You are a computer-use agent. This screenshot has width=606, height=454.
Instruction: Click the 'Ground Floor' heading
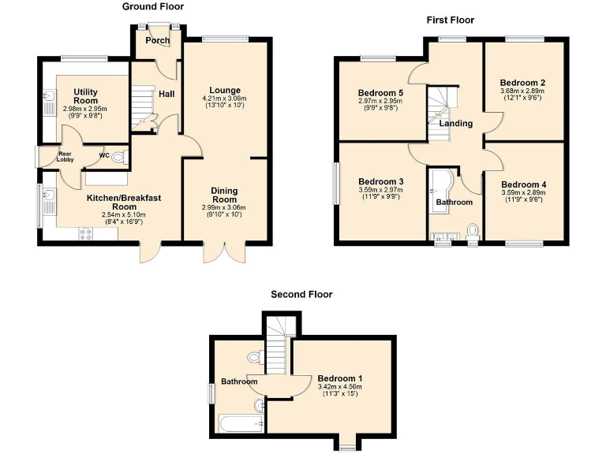[x=152, y=6]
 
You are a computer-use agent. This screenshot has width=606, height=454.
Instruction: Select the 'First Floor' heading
[x=450, y=20]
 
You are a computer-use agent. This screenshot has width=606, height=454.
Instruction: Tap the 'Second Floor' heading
[x=301, y=294]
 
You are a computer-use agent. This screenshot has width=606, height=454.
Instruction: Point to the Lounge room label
[x=225, y=90]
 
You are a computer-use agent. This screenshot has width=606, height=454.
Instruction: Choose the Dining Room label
[x=224, y=195]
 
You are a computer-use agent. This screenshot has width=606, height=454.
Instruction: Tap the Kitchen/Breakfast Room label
[x=124, y=202]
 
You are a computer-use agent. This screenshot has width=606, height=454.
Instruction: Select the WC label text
[x=103, y=155]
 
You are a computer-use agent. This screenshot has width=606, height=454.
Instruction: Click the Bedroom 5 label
[x=380, y=93]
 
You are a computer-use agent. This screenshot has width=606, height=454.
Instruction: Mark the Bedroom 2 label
[x=523, y=82]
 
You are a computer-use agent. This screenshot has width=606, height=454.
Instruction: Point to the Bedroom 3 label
[x=380, y=181]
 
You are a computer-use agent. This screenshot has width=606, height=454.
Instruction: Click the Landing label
[x=455, y=123]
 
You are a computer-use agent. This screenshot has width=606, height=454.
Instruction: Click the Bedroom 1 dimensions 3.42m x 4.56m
[x=339, y=387]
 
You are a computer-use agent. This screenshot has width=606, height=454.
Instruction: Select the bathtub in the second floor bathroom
[x=240, y=424]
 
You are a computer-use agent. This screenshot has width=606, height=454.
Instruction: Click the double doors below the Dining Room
[x=219, y=251]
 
